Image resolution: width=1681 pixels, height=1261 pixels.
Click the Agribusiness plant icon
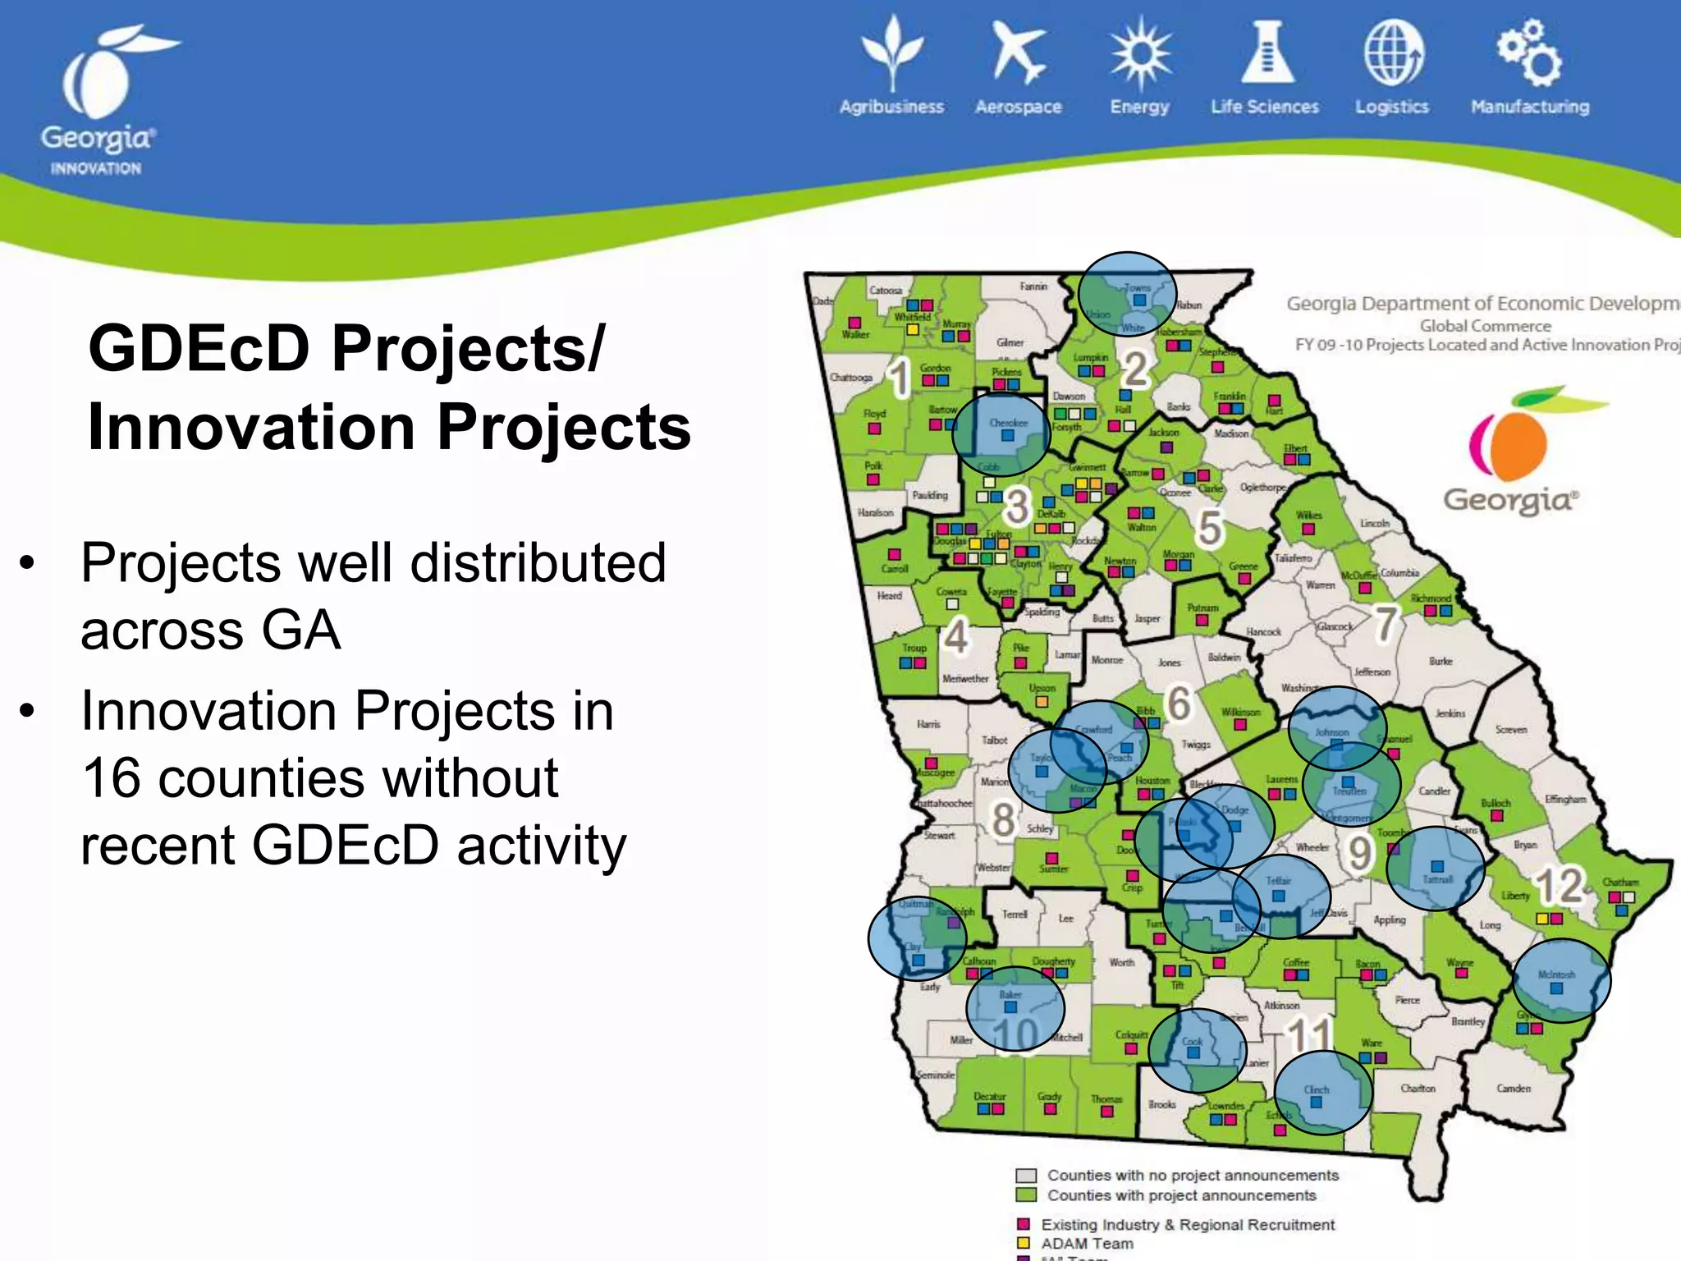(892, 53)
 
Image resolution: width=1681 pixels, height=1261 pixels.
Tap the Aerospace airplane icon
(1018, 53)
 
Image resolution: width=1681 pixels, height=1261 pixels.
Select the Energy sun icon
(1140, 54)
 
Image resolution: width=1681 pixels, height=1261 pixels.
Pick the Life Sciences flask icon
(1267, 53)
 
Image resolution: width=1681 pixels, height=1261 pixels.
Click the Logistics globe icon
(1393, 54)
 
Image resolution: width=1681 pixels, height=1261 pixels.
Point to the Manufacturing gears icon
(1528, 54)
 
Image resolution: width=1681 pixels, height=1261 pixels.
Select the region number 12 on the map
(1559, 885)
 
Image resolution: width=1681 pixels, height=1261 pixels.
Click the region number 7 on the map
(1386, 623)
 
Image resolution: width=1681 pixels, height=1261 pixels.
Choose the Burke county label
(1441, 661)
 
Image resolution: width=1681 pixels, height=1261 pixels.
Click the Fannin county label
(1033, 287)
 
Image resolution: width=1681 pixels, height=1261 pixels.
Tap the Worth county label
(1121, 962)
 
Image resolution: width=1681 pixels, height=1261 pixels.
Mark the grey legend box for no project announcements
(1026, 1176)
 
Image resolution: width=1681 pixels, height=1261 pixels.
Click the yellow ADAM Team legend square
(1024, 1243)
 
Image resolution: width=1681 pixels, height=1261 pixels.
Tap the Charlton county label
(1418, 1089)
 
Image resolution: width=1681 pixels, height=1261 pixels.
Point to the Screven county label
(1510, 729)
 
